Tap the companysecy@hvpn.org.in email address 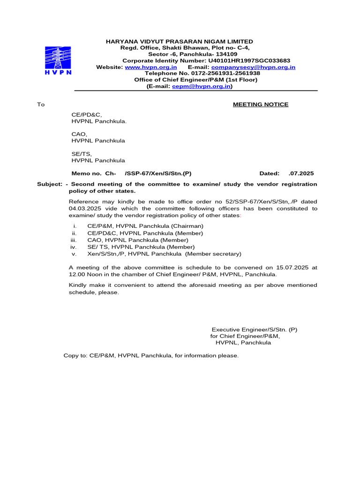tap(253, 67)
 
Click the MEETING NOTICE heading tap(261, 105)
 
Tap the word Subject tap(49, 184)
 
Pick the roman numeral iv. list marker tap(73, 247)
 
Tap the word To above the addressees tap(41, 105)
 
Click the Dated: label tap(270, 173)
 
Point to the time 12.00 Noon tap(87, 275)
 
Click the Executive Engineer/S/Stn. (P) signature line tap(254, 330)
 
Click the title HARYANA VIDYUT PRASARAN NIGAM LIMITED tap(180, 41)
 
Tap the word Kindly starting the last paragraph tap(78, 285)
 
